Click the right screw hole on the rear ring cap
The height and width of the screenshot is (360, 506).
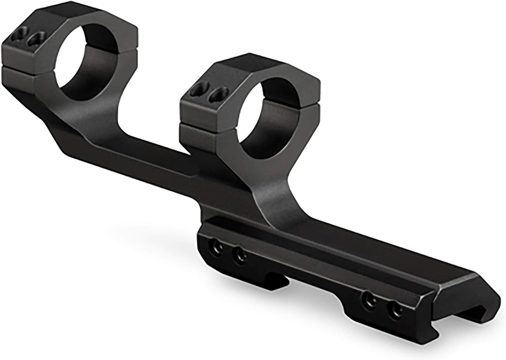point(37,39)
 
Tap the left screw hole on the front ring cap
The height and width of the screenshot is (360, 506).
point(200,89)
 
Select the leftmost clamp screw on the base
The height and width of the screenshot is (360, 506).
point(216,248)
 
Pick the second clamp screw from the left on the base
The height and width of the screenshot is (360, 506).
point(240,256)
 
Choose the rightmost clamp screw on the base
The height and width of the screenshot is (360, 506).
point(395,309)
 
